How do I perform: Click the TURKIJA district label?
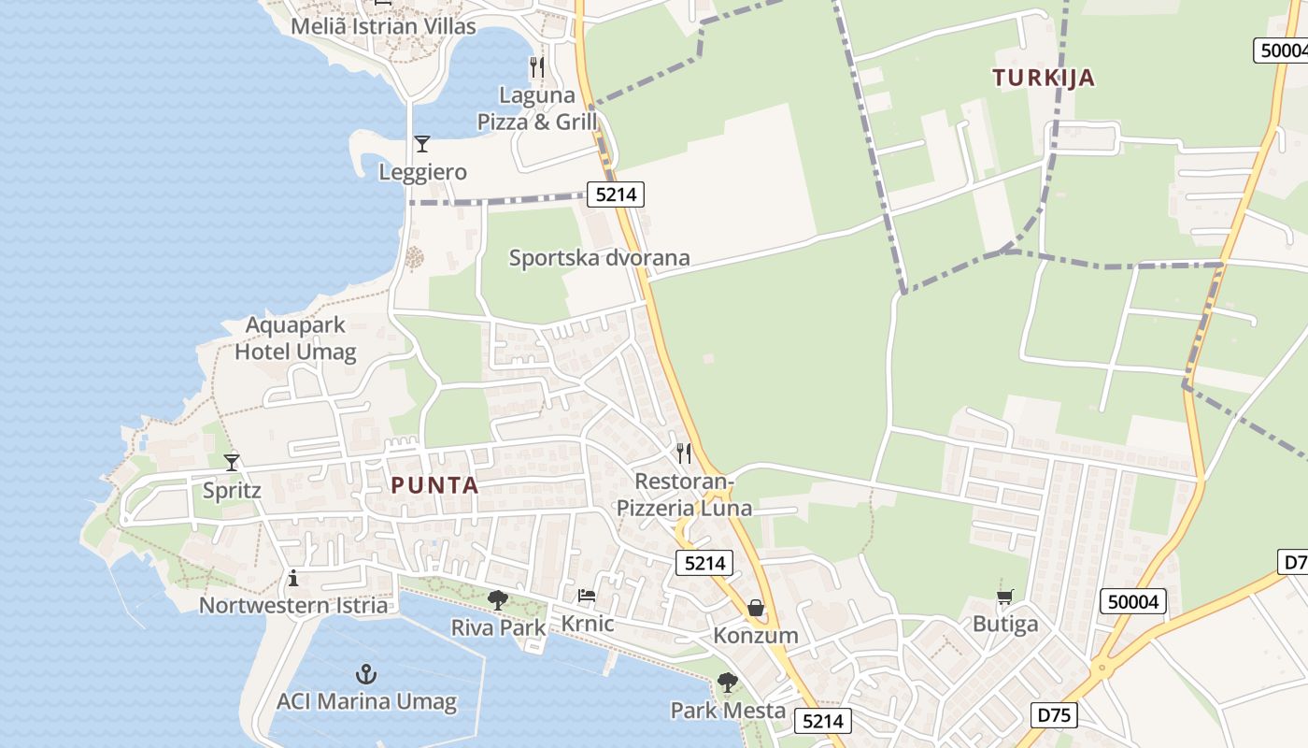(1044, 78)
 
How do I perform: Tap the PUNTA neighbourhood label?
(434, 485)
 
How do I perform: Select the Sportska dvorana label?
(599, 258)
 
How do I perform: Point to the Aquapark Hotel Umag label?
(295, 338)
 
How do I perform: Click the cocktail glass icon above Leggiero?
(422, 144)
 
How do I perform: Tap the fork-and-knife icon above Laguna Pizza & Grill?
(536, 67)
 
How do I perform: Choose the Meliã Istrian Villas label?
(383, 25)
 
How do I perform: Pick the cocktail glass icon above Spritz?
(232, 462)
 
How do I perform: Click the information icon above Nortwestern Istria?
(293, 578)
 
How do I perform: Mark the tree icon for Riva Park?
(497, 599)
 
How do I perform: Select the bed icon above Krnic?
(587, 595)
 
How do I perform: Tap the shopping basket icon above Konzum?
(755, 608)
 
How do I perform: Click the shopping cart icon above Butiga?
(1005, 596)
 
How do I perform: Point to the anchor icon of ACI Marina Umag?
(366, 673)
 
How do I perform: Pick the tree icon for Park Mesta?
(727, 683)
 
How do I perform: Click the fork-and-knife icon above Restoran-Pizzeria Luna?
(684, 453)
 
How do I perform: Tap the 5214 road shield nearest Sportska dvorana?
(616, 194)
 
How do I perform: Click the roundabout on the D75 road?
(1102, 668)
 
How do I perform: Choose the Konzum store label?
(756, 636)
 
